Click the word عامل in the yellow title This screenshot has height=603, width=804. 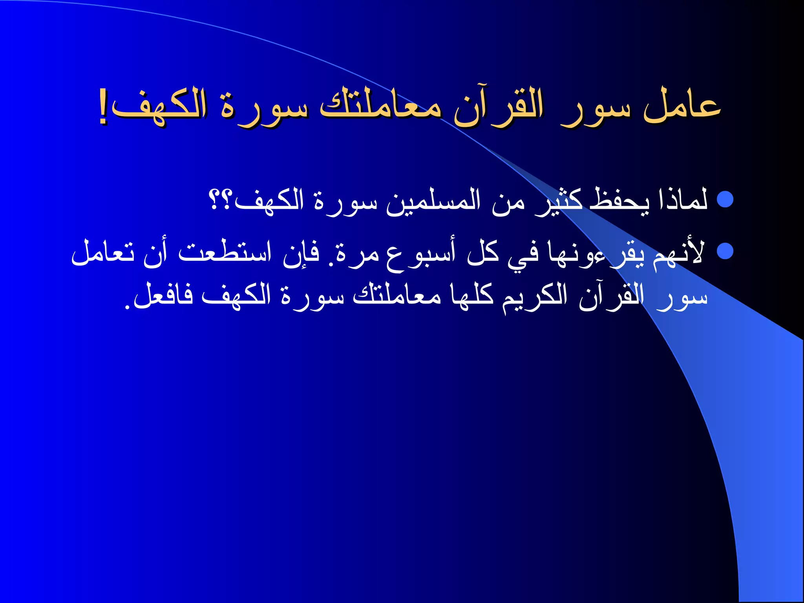click(682, 107)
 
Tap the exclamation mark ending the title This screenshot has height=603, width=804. click(103, 112)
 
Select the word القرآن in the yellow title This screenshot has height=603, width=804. click(499, 107)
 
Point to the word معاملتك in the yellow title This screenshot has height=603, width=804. click(381, 107)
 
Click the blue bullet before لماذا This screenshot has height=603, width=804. click(725, 199)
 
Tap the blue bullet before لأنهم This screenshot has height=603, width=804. click(725, 251)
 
